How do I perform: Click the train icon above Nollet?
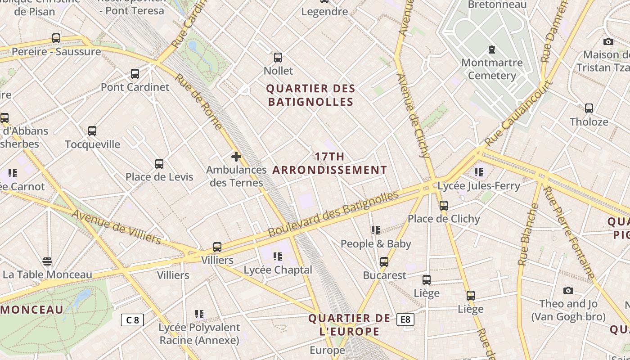click(278, 58)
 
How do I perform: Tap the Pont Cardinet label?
click(135, 87)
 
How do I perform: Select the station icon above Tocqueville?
click(92, 131)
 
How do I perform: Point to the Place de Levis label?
click(159, 177)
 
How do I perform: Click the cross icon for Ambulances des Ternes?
click(236, 157)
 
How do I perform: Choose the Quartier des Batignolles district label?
click(311, 95)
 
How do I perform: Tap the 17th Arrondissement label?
click(330, 163)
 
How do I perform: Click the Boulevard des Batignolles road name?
click(333, 214)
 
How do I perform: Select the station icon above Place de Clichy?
click(444, 206)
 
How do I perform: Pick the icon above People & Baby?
click(376, 230)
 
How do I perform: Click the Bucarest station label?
click(385, 275)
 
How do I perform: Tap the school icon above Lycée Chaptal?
click(278, 256)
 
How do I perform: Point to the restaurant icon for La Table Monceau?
click(47, 261)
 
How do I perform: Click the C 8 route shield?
click(132, 320)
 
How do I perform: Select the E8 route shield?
click(405, 319)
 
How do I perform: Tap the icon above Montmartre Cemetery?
click(492, 49)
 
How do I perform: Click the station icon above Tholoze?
click(589, 108)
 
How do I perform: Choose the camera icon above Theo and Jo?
click(568, 291)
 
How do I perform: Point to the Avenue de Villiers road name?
click(116, 226)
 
